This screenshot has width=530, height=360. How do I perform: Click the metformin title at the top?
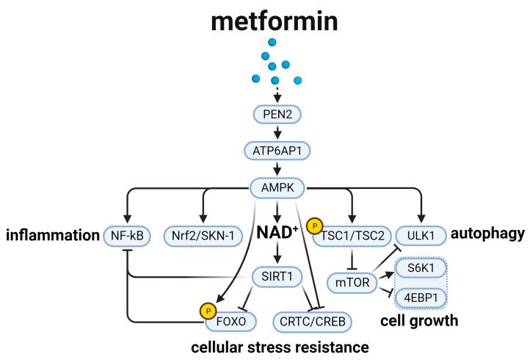(275, 21)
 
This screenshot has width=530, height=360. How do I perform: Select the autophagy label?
(487, 234)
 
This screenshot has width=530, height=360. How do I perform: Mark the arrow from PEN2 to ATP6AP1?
(275, 132)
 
